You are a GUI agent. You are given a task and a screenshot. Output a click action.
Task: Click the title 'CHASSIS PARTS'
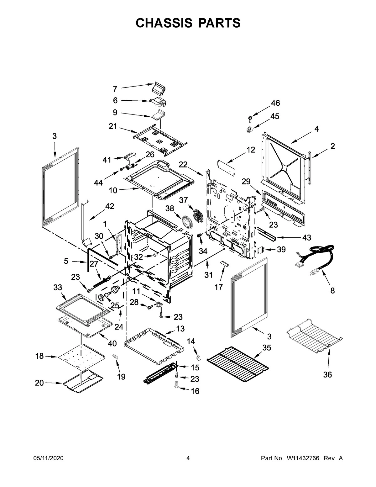[x=188, y=23]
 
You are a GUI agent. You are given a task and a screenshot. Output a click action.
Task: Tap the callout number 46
[x=275, y=103]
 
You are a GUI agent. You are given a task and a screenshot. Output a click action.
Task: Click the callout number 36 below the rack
[x=327, y=374]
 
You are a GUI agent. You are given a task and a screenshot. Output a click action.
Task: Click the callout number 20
[x=39, y=383]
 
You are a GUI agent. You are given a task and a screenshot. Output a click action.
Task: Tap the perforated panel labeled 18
[x=81, y=354]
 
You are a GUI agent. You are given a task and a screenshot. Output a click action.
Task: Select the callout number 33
[x=58, y=287]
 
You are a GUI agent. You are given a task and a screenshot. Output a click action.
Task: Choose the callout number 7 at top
[x=115, y=89]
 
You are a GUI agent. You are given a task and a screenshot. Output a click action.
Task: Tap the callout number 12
[x=251, y=150]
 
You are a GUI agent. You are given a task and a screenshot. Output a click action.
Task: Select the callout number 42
[x=110, y=206]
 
